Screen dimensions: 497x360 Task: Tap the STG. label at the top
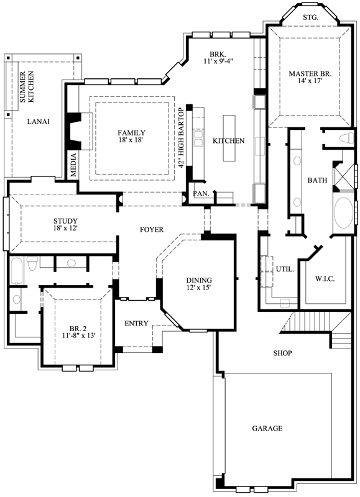tap(310, 17)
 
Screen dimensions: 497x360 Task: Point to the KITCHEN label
tap(229, 141)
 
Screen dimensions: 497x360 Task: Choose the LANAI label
tap(39, 121)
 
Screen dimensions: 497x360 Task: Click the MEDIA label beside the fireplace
tap(73, 165)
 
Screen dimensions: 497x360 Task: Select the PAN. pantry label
tap(200, 194)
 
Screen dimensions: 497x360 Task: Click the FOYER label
tap(151, 230)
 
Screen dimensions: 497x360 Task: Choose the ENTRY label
tap(136, 324)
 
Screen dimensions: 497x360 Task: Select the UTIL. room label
tap(285, 269)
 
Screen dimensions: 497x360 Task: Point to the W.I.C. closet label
tap(325, 279)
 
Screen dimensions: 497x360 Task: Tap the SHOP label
tap(283, 353)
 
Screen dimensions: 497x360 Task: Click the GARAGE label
tap(267, 429)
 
